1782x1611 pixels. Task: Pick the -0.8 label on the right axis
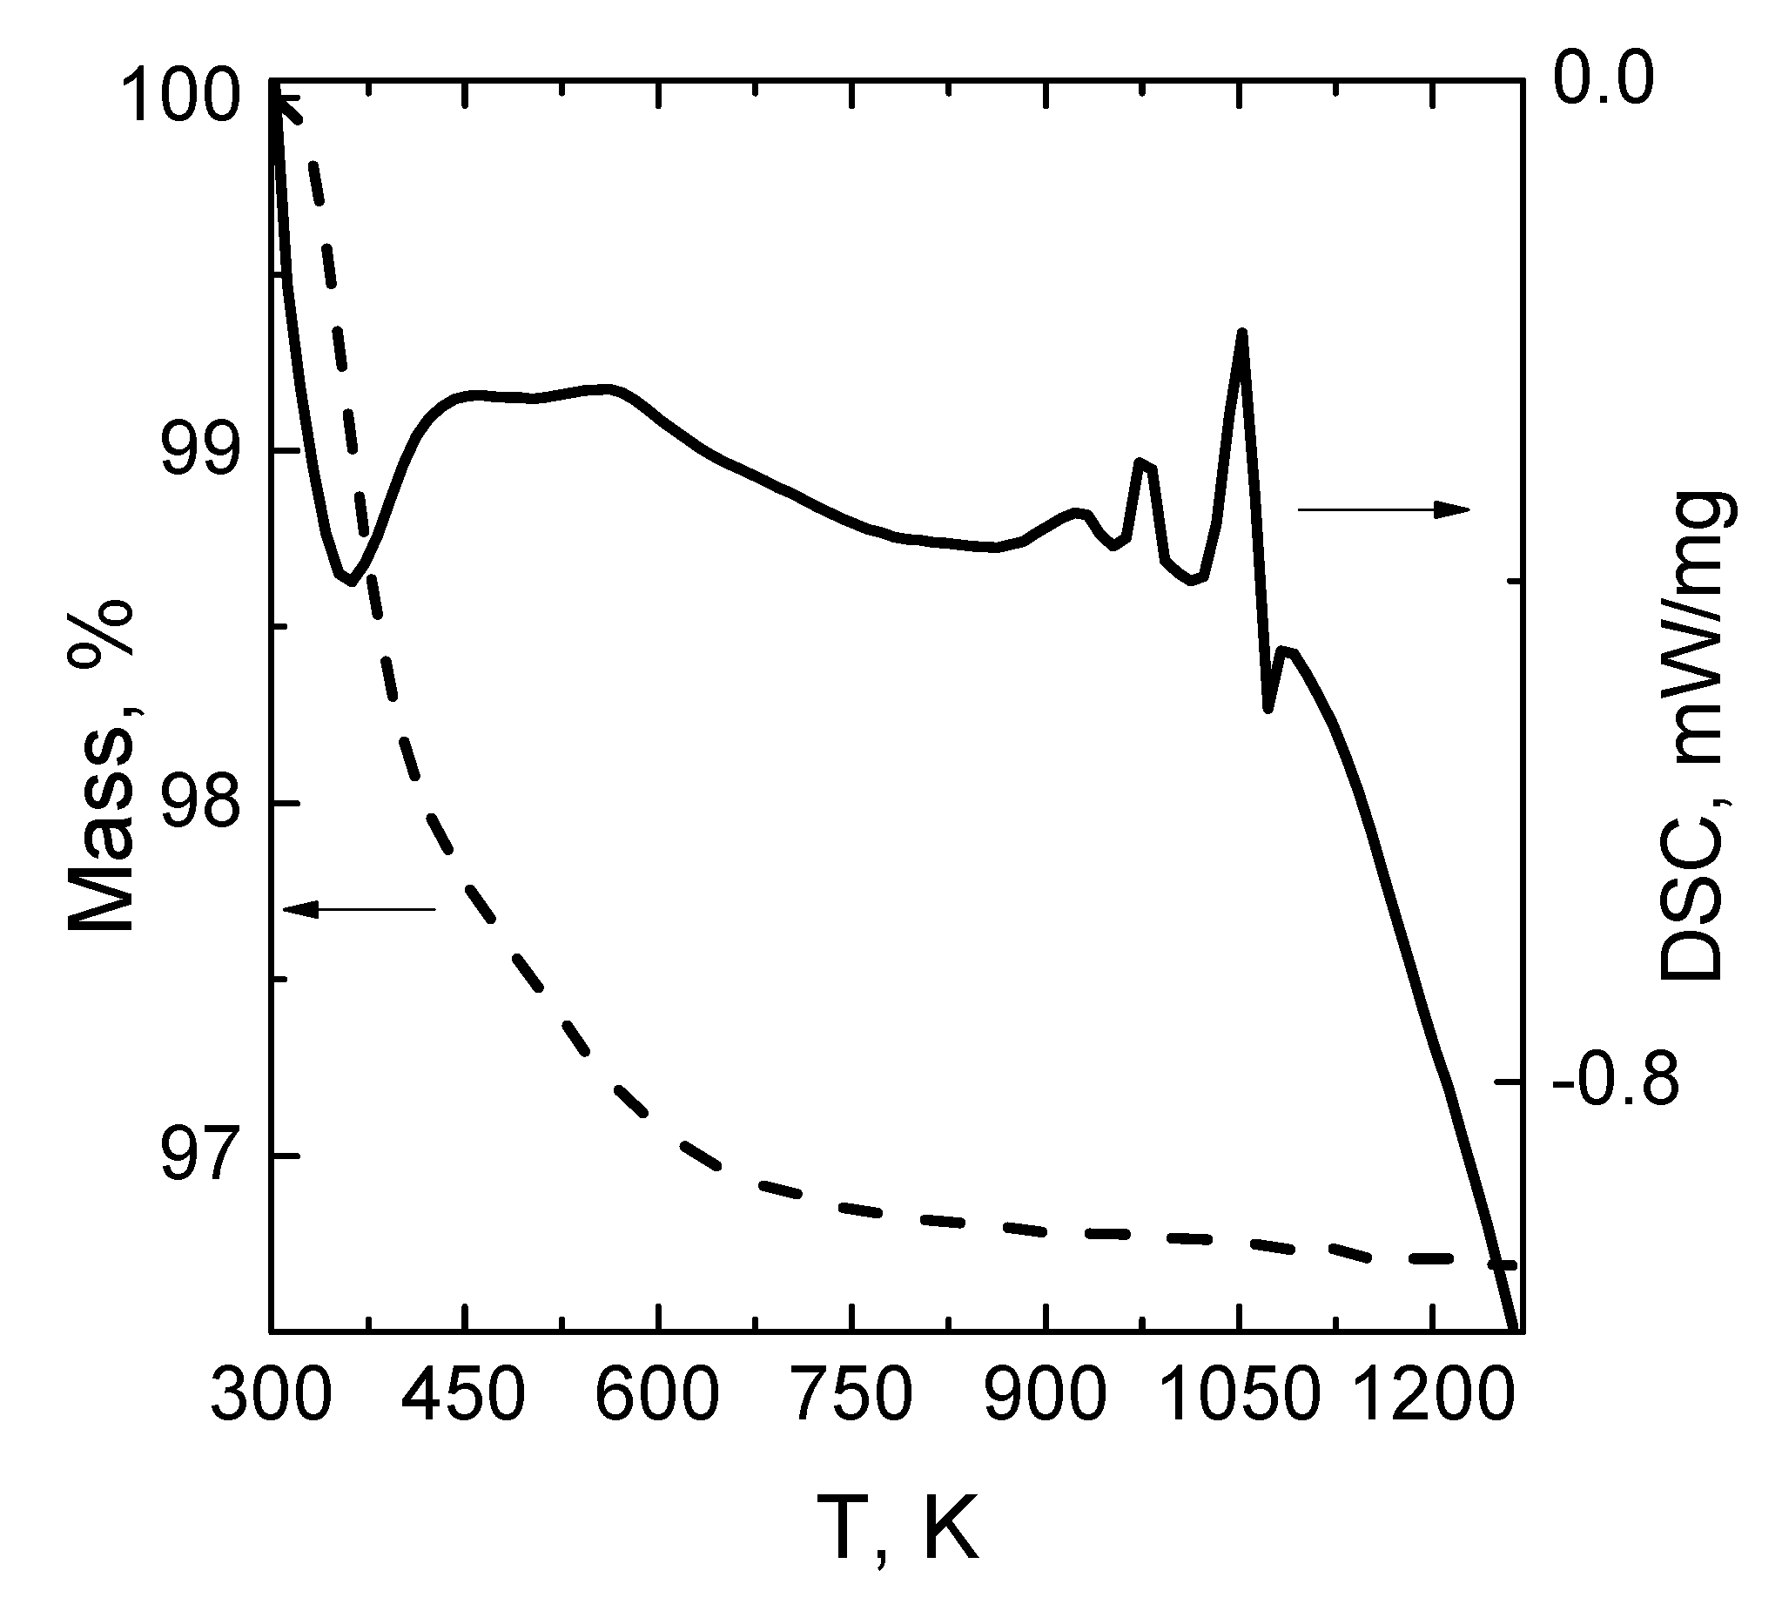coord(1615,1081)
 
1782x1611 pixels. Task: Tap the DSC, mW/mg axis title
coord(1690,736)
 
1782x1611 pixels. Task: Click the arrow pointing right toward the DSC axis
coord(1382,509)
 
